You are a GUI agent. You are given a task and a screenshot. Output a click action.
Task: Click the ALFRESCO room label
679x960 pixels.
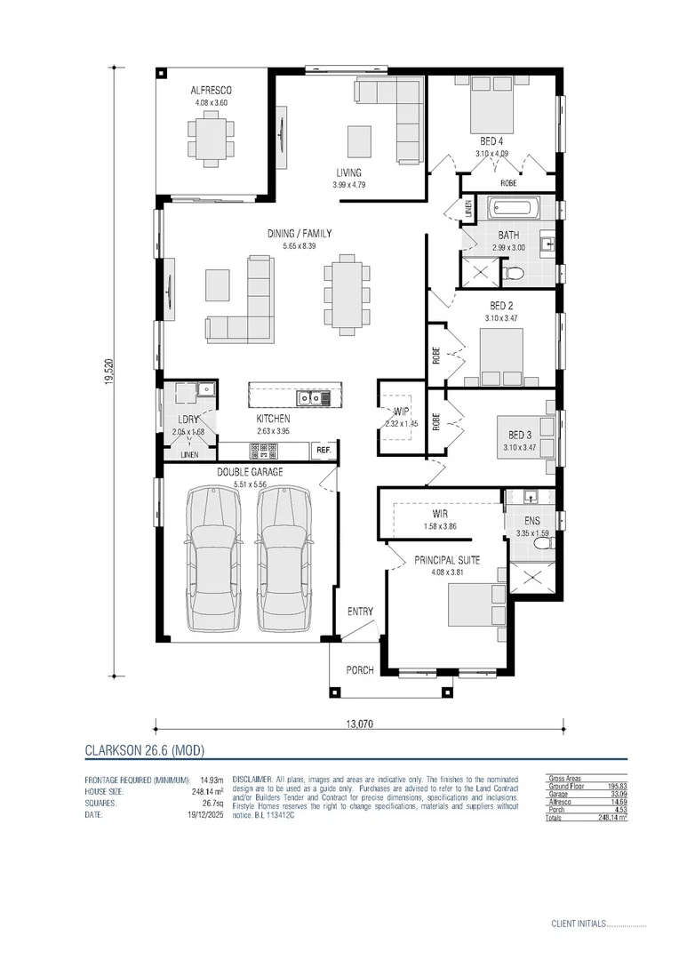(212, 91)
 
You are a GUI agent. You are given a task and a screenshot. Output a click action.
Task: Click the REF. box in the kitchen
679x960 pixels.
(323, 451)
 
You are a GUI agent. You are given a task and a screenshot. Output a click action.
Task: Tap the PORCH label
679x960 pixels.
(360, 670)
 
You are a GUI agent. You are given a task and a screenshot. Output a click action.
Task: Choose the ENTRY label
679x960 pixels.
(360, 612)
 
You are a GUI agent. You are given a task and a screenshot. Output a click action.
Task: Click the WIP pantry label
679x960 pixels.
(402, 412)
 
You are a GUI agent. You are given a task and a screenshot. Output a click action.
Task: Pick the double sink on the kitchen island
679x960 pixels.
(312, 397)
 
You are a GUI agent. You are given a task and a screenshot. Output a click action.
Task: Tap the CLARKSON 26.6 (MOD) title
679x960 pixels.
(144, 750)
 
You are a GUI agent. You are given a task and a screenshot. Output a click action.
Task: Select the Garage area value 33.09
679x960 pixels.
(611, 794)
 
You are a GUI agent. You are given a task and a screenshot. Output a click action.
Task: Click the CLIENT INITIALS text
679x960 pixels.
(578, 924)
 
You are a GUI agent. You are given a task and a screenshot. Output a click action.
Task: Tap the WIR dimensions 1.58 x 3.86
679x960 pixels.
(439, 527)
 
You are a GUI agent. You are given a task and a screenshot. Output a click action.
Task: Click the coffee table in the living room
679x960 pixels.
(359, 140)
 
